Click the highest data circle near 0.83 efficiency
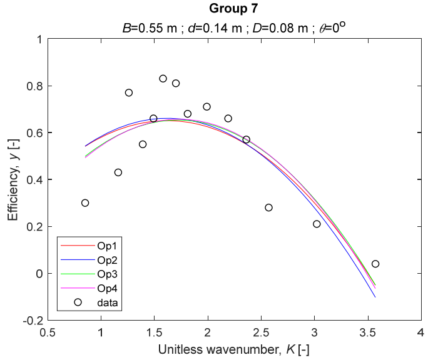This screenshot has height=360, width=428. click(x=163, y=79)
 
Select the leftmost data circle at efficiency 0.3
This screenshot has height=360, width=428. click(x=85, y=202)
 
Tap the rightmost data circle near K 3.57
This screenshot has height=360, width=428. click(x=375, y=264)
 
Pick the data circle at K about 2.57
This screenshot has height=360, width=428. click(x=268, y=207)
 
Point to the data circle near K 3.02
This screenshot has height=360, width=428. click(x=317, y=224)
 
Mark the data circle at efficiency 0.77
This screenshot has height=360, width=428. click(x=129, y=92)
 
